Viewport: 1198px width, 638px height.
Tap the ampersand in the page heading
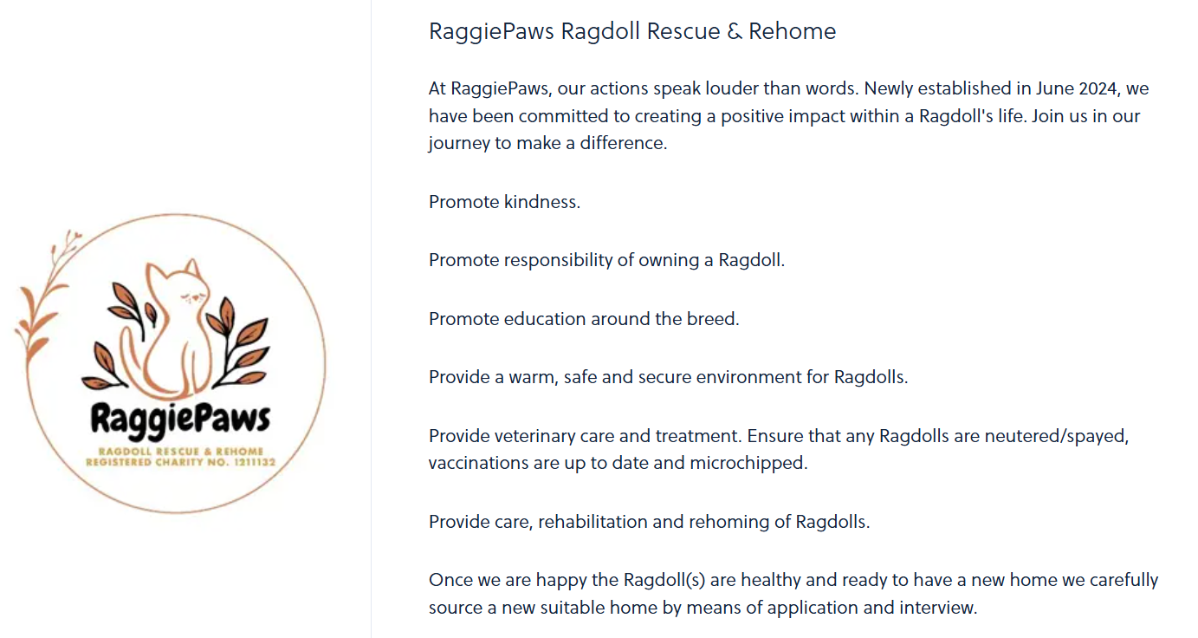point(735,31)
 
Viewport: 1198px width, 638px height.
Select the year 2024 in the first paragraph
point(1098,88)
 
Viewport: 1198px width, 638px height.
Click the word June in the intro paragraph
point(1055,88)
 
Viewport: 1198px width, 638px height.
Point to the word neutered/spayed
point(1056,436)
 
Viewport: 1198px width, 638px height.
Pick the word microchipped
point(748,463)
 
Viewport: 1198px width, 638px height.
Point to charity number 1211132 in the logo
point(254,462)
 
